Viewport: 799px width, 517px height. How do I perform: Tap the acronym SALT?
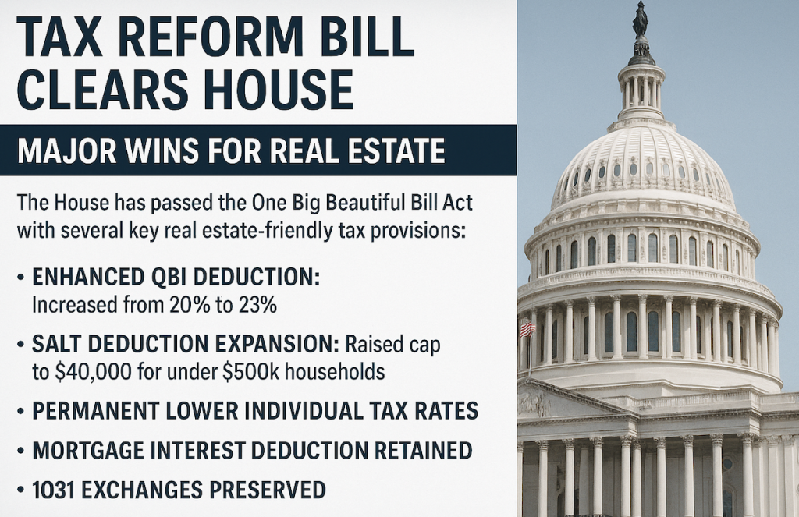point(56,345)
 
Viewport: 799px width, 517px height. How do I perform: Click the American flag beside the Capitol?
point(527,329)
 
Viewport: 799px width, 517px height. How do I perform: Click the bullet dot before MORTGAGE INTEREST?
point(20,451)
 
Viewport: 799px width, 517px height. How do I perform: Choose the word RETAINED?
point(423,450)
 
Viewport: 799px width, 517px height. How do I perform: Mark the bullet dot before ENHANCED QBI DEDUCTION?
point(20,278)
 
